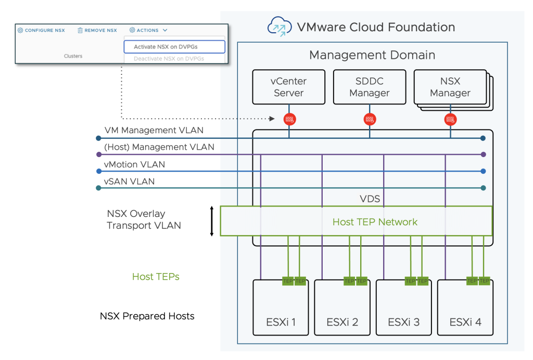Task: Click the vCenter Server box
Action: click(288, 87)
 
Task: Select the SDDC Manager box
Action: click(369, 87)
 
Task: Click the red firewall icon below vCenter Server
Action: click(289, 119)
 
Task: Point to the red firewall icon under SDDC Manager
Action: click(370, 119)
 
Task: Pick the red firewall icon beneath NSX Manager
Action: click(450, 119)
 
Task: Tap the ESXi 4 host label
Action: click(465, 322)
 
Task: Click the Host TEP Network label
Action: click(375, 222)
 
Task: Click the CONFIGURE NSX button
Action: click(41, 30)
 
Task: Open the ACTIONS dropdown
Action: click(148, 30)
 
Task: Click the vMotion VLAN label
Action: click(135, 164)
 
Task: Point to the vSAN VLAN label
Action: click(130, 182)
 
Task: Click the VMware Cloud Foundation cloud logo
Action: click(279, 26)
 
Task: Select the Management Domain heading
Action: click(372, 55)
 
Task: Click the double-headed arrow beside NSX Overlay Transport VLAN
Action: click(212, 221)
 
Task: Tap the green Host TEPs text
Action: click(156, 277)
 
